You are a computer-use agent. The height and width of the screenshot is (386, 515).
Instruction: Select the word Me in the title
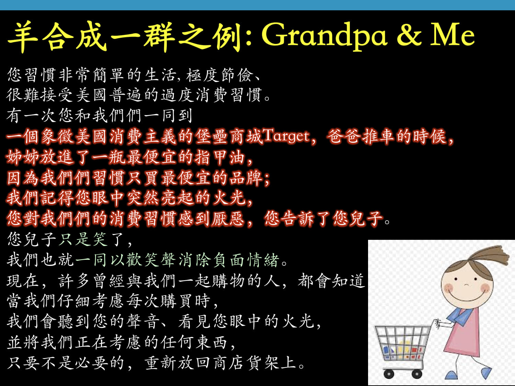(453, 35)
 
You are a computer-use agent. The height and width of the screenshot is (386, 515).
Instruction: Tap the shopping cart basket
(402, 343)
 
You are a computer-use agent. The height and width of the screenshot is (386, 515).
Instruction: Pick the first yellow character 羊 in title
(22, 36)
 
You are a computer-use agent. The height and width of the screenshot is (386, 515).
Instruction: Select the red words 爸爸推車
(360, 137)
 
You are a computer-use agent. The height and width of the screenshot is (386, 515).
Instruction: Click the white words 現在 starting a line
(23, 281)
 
